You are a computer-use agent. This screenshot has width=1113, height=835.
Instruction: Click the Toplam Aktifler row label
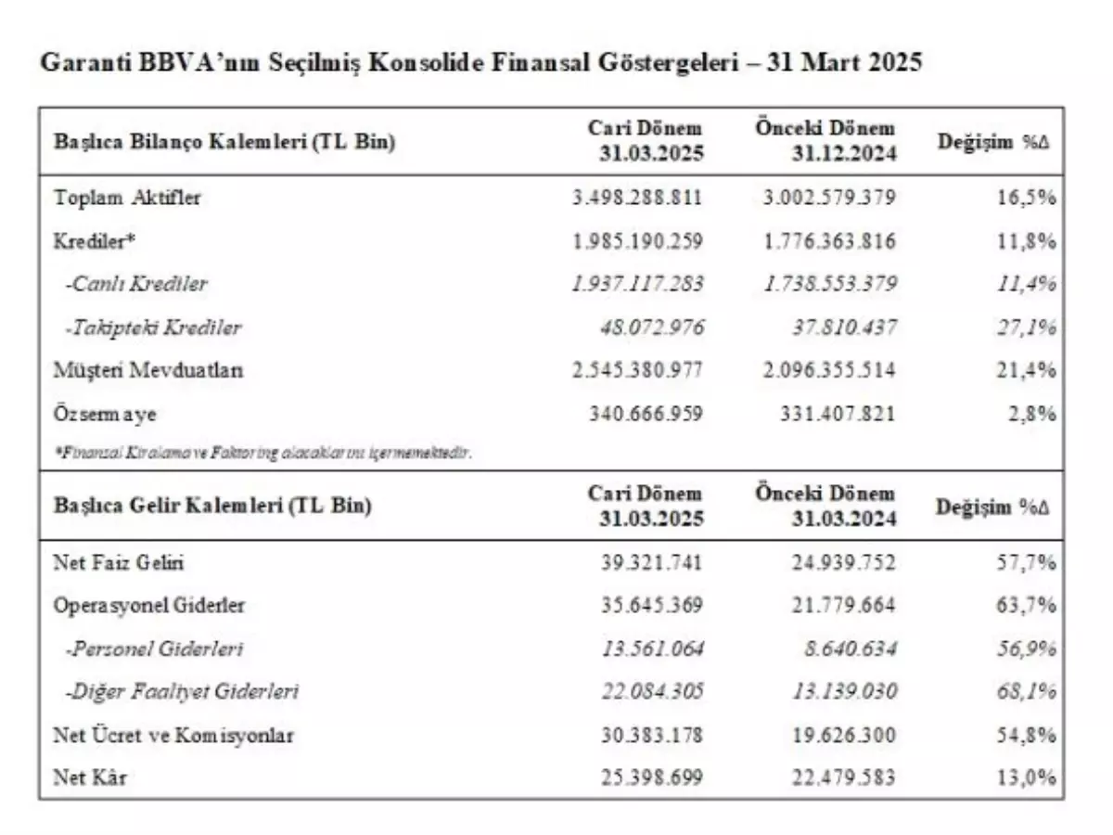point(127,197)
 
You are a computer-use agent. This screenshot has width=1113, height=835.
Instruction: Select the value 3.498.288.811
point(637,198)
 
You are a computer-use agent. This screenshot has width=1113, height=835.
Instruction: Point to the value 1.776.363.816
point(831,241)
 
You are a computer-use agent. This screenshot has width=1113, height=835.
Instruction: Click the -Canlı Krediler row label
point(136,284)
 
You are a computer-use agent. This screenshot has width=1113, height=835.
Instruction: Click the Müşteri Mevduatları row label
point(148,370)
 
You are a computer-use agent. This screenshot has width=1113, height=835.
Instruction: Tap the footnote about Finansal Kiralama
point(262,453)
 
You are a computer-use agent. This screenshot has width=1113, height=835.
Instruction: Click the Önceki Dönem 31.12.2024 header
point(825,141)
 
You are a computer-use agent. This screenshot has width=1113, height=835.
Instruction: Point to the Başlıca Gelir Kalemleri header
point(212,506)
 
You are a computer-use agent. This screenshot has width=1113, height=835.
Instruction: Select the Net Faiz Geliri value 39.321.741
point(650,562)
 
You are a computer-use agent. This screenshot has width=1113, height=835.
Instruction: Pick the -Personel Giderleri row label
point(154,649)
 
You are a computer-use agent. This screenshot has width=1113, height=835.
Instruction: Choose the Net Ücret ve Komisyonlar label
point(173,735)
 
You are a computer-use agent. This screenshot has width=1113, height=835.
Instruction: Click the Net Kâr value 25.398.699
point(650,777)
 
